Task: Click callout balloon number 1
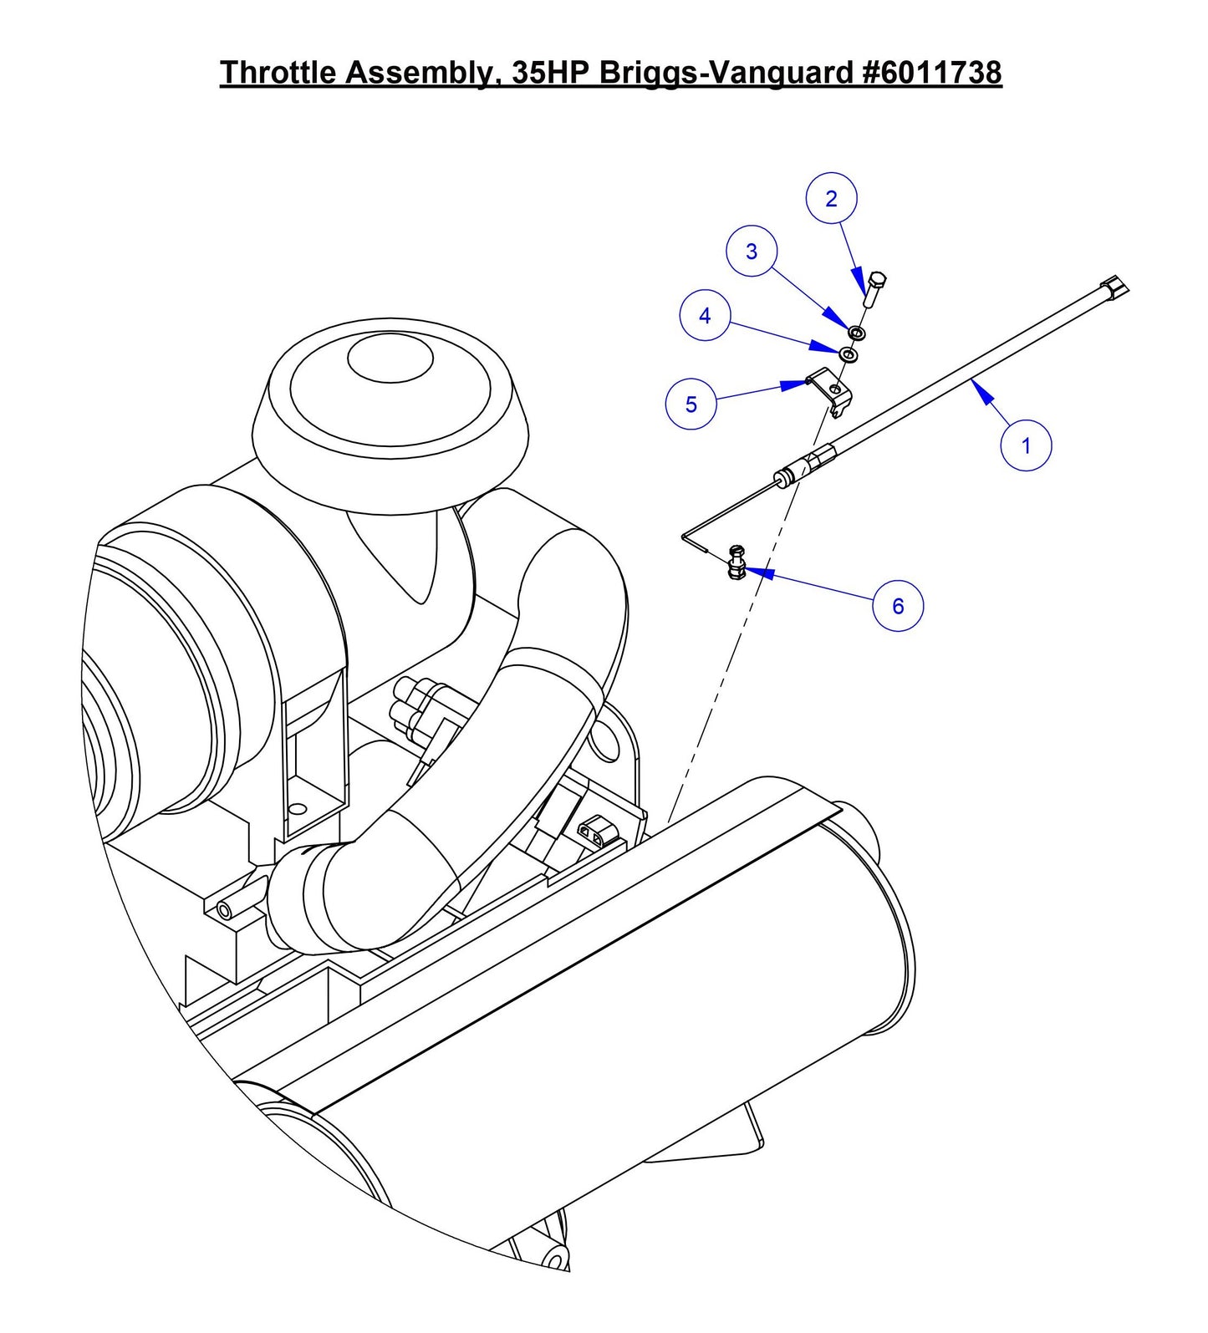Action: point(1026,445)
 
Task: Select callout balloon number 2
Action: point(831,199)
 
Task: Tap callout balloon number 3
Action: point(752,252)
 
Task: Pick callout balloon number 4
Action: point(705,316)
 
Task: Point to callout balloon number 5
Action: point(691,404)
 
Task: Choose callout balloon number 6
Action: point(898,606)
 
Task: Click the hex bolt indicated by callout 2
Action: point(874,288)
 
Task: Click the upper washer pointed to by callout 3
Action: point(857,333)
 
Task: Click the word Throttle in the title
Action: point(278,73)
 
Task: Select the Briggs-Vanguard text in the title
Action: point(726,73)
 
